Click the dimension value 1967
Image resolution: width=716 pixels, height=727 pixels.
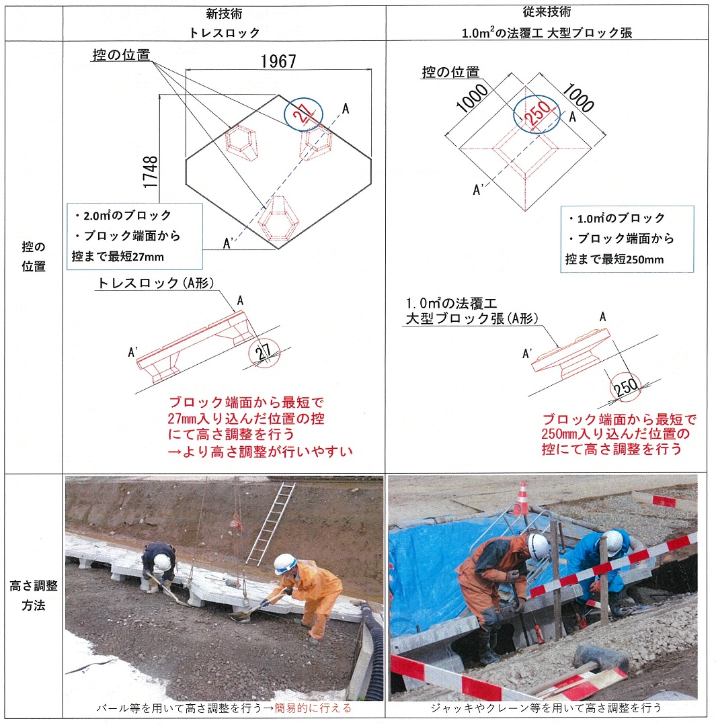click(278, 61)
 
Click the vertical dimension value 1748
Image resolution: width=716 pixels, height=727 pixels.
click(151, 172)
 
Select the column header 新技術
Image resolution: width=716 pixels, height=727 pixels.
click(224, 13)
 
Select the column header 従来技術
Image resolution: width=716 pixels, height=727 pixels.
click(547, 12)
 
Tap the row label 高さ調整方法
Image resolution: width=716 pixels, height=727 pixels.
click(34, 595)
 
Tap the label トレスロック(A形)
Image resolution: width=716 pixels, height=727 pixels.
click(156, 284)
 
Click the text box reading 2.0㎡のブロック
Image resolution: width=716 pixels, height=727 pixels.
click(134, 236)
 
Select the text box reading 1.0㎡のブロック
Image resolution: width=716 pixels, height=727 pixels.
click(627, 239)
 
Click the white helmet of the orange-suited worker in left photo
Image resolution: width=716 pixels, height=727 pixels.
click(284, 564)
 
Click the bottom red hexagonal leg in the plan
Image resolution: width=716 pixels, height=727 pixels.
click(278, 218)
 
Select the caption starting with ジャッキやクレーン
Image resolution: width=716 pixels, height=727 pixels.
click(546, 708)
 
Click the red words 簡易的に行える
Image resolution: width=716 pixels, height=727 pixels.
click(313, 708)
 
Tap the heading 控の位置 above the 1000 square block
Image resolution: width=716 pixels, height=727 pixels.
click(450, 73)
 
